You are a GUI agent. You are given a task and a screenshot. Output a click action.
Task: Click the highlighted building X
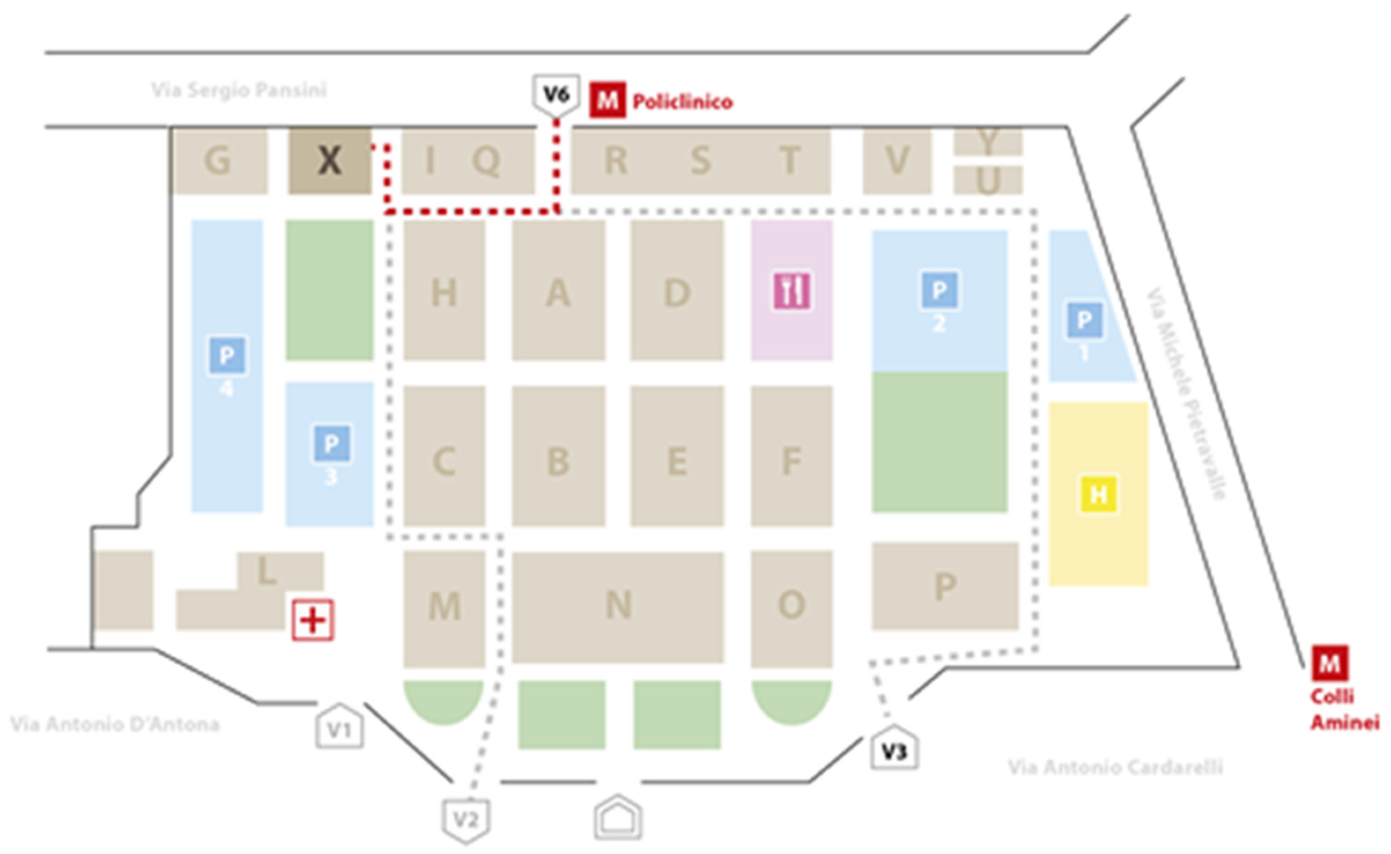point(329,161)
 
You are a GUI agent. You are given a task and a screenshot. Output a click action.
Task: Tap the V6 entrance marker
point(556,94)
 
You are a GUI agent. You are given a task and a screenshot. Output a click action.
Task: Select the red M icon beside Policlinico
point(607,100)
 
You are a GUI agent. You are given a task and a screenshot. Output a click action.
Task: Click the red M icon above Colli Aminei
point(1329,663)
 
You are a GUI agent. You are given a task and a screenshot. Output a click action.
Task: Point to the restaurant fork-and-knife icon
point(792,291)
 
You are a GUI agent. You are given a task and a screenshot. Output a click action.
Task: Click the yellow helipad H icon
point(1099,495)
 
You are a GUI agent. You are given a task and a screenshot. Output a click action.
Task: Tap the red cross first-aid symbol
point(313,620)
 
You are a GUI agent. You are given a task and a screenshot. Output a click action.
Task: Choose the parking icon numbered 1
point(1084,320)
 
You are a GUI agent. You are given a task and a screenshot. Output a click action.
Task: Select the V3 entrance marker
point(894,749)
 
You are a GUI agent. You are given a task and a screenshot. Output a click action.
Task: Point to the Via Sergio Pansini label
point(239,90)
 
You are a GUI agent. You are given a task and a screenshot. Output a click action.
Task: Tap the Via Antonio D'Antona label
point(115,724)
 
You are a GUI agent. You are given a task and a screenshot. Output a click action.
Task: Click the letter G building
point(218,161)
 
